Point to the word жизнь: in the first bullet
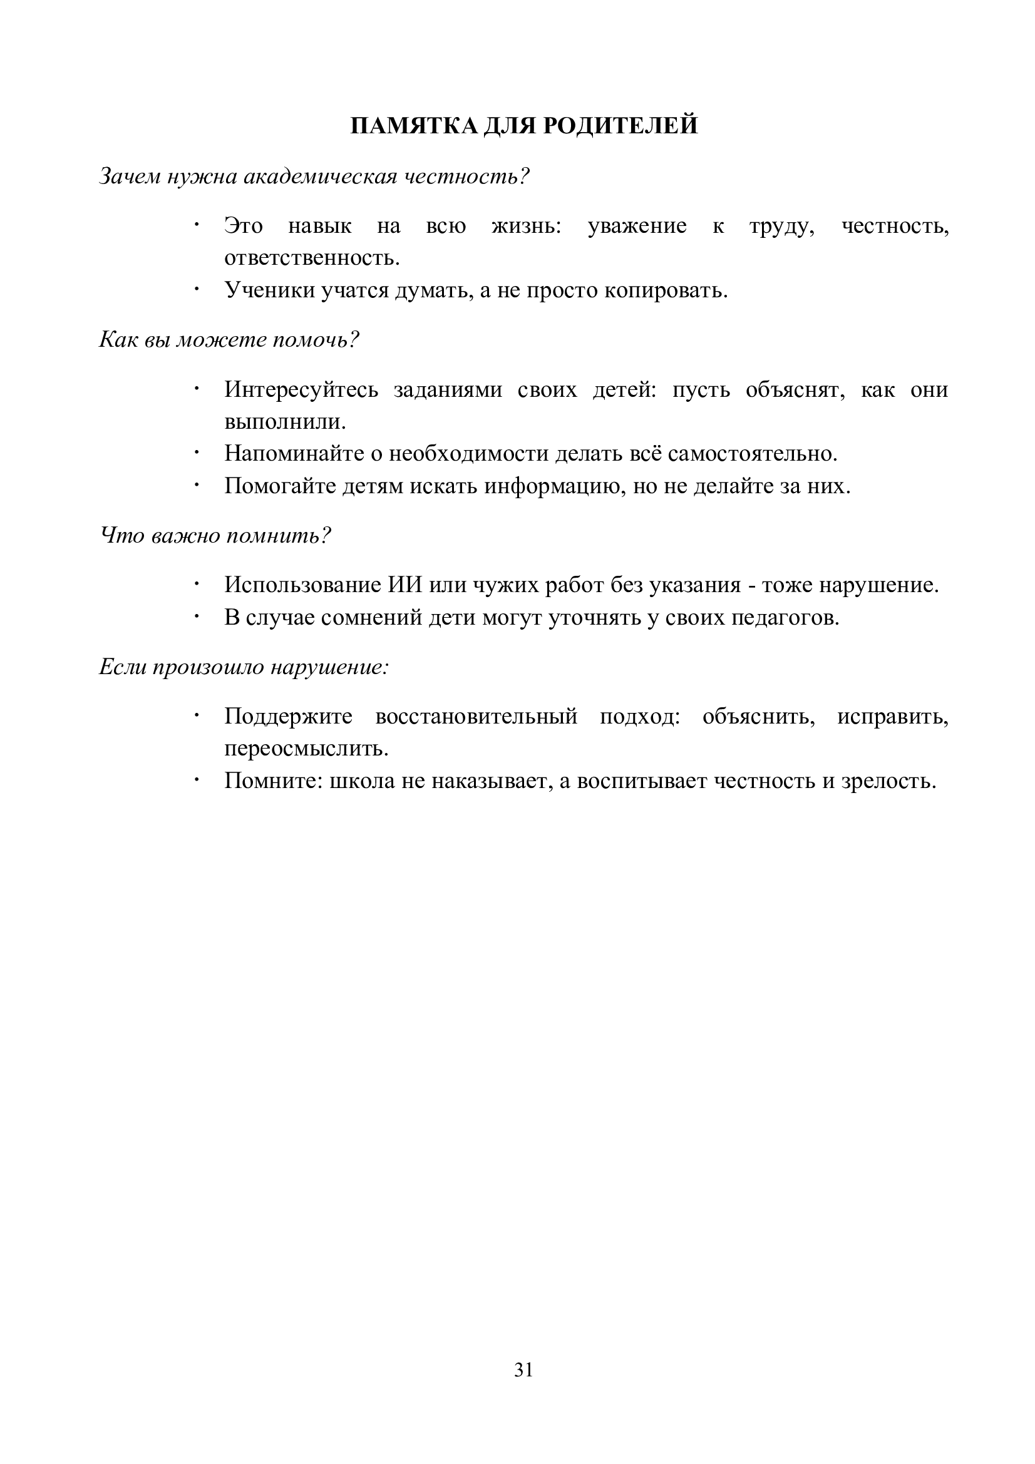(526, 227)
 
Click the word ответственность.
(312, 259)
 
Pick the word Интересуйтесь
(301, 389)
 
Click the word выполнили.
(285, 421)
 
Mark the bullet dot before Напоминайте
(197, 453)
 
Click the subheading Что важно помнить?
(215, 536)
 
